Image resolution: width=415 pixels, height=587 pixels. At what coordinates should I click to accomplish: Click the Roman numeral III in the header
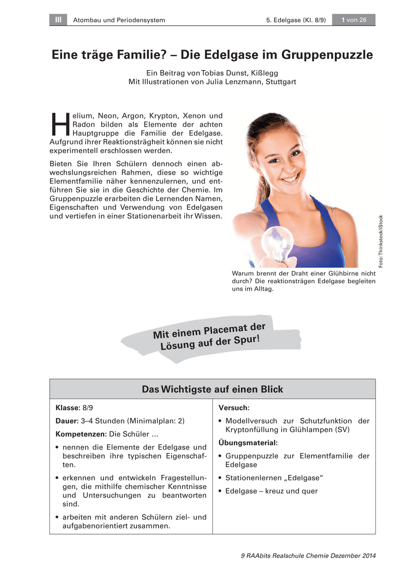coord(58,20)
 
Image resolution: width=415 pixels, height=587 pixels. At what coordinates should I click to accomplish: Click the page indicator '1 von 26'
coord(354,20)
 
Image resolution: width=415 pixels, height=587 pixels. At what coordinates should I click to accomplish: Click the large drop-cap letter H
coord(59,124)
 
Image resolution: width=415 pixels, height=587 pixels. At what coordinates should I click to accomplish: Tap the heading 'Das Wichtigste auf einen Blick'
coord(212,389)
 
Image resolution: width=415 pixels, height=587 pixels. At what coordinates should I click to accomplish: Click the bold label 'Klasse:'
coord(68,407)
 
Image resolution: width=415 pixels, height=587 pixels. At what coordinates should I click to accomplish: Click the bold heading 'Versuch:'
coord(234,407)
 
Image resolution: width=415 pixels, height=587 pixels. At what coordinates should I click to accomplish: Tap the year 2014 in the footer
coord(368,556)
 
